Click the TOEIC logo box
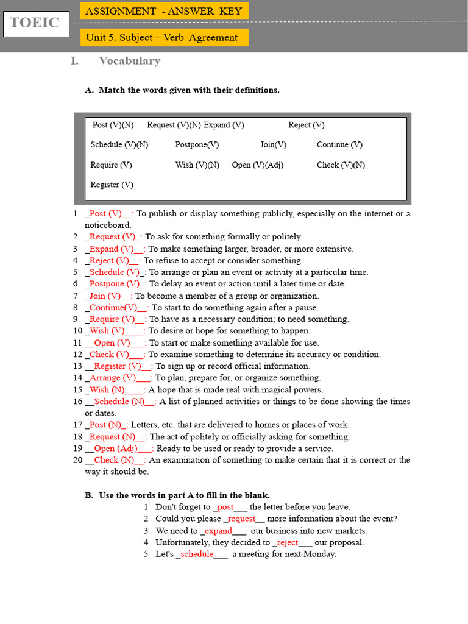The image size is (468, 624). (35, 23)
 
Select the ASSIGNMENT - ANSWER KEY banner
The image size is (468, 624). (164, 11)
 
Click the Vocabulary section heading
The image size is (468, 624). (129, 60)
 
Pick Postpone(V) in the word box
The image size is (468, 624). (197, 144)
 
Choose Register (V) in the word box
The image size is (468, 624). (112, 185)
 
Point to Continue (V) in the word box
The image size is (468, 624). (339, 144)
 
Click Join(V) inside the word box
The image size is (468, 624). (273, 144)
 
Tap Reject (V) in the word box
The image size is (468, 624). (307, 125)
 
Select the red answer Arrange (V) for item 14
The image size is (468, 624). (113, 378)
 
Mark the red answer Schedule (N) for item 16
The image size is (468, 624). (120, 402)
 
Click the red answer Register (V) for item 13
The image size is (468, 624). (118, 366)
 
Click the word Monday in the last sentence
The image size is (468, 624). (319, 554)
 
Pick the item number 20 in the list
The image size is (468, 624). (77, 460)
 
